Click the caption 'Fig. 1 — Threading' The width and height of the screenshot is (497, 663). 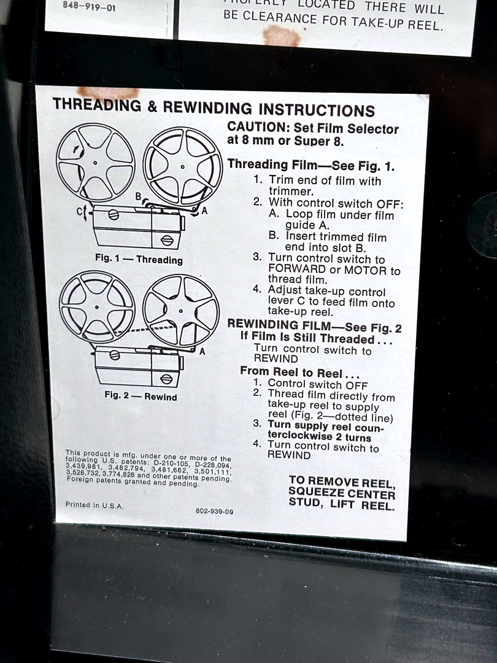point(139,259)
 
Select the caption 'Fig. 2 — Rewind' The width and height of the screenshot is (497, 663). point(141,396)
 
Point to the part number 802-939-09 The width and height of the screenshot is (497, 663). point(214,511)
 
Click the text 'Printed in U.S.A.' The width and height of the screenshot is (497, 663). point(94,505)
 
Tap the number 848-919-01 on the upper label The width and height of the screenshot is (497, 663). point(89,6)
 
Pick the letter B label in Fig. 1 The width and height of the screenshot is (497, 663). point(138,196)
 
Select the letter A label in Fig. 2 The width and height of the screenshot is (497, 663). point(202,351)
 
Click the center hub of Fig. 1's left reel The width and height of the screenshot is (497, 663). point(95,162)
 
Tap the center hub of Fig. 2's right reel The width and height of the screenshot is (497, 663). point(181,311)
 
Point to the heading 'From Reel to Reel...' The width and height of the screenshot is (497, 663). point(299,372)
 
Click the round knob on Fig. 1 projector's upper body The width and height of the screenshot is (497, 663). point(114,214)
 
